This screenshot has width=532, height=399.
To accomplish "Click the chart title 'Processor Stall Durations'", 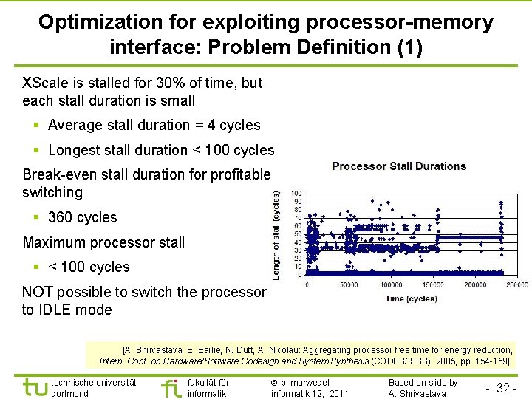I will point(399,166).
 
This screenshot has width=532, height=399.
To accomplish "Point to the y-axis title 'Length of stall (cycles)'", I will point(276,235).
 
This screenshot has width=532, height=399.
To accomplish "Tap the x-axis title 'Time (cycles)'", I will point(411,299).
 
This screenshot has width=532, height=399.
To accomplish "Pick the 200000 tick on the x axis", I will point(476,284).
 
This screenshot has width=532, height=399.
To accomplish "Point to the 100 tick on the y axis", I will point(296,194).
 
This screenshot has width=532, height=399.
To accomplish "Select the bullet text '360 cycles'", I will point(82,217).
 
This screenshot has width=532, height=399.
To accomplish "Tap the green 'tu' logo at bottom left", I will point(35,387).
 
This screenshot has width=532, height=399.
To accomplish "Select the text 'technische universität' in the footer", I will point(93,382).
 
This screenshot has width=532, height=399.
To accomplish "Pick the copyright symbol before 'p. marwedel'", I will point(274,383).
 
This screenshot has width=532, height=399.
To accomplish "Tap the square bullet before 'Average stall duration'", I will point(37,126).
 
